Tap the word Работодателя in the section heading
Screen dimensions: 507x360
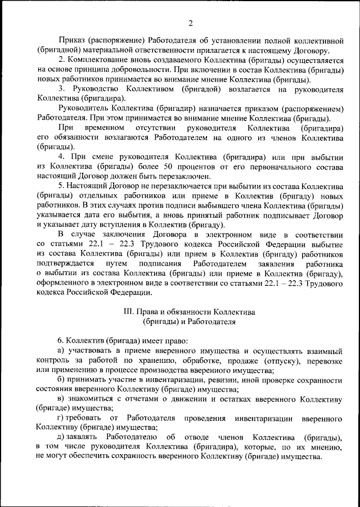pyautogui.click(x=211, y=321)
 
